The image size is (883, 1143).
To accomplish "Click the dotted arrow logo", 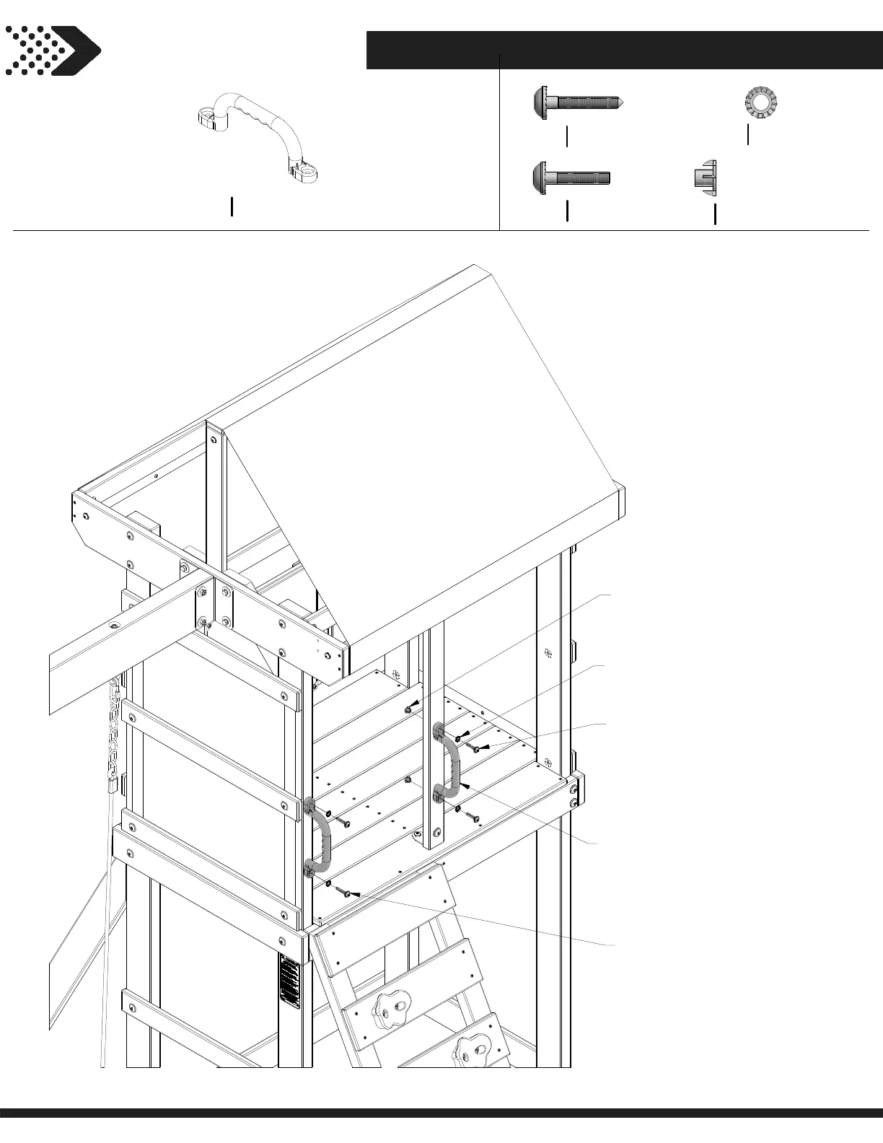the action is tap(52, 51).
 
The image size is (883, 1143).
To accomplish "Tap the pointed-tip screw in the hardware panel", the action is tap(577, 102).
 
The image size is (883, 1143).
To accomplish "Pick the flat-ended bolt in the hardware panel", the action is tap(571, 177).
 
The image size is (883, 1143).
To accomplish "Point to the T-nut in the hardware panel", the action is tap(704, 177).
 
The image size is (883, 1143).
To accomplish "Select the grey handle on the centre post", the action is tap(448, 766).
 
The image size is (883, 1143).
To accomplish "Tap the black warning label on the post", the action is tap(289, 982).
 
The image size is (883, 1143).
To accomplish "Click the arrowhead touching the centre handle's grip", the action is tap(465, 784).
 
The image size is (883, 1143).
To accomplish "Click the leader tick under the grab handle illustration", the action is tap(232, 206).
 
